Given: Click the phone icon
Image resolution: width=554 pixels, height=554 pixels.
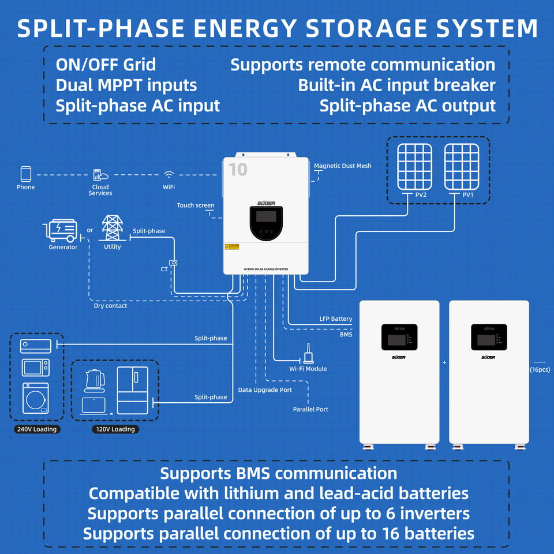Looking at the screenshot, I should (25, 174).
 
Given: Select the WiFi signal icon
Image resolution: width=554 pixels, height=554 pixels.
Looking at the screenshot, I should (169, 175).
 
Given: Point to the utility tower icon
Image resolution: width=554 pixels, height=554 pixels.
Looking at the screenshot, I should (112, 229).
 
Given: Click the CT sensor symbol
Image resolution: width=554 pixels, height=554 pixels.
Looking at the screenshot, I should (173, 263).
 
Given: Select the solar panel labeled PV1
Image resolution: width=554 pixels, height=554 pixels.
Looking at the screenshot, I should (461, 165).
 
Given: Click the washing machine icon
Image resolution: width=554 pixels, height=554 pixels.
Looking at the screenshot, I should (35, 398).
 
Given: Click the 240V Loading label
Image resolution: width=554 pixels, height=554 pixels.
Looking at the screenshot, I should (36, 429).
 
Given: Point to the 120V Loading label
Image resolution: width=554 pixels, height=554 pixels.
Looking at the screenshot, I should (115, 429).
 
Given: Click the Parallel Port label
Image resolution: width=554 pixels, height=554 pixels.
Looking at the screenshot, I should (310, 409).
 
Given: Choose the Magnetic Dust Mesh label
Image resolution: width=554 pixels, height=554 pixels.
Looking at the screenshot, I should (342, 166).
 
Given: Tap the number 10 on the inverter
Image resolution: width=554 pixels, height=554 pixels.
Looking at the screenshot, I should (237, 170).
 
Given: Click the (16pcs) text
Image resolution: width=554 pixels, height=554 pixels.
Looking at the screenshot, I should (539, 369).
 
